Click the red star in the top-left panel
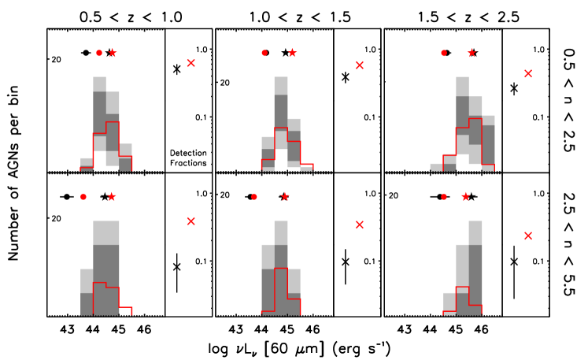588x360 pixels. pyautogui.click(x=113, y=53)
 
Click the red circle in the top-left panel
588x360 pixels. pyautogui.click(x=98, y=53)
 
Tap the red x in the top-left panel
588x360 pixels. pyautogui.click(x=190, y=63)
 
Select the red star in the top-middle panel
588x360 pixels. pyautogui.click(x=292, y=53)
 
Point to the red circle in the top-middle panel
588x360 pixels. pyautogui.click(x=264, y=53)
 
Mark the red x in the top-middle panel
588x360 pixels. pyautogui.click(x=360, y=65)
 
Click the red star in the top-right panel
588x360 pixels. pyautogui.click(x=472, y=53)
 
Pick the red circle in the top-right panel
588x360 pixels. pyautogui.click(x=444, y=53)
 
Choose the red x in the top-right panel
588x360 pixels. pyautogui.click(x=528, y=73)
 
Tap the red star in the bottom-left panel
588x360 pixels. pyautogui.click(x=112, y=196)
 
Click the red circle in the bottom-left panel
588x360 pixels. pyautogui.click(x=83, y=196)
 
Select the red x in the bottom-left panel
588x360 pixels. pyautogui.click(x=190, y=221)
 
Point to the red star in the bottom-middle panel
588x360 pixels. pyautogui.click(x=285, y=196)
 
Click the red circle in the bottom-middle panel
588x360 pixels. pyautogui.click(x=253, y=196)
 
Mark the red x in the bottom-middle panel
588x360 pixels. pyautogui.click(x=360, y=225)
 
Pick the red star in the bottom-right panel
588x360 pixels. pyautogui.click(x=465, y=196)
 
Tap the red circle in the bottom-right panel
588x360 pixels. pyautogui.click(x=444, y=196)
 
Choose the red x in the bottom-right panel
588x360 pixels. pyautogui.click(x=528, y=236)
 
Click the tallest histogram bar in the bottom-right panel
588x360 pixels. pyautogui.click(x=475, y=268)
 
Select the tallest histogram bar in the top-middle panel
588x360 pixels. pyautogui.click(x=281, y=122)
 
